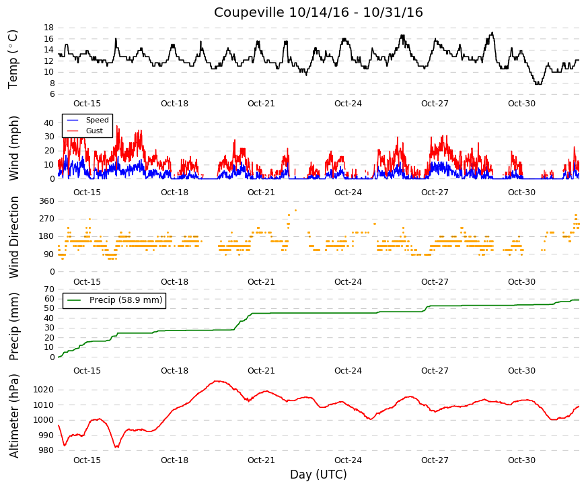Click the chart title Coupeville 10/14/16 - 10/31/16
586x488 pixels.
pos(318,12)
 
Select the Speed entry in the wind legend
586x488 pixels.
pos(97,120)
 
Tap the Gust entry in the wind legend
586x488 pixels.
pos(94,131)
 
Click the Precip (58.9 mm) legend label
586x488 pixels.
pos(126,300)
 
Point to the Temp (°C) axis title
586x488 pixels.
pos(13,59)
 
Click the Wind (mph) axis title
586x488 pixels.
pos(13,149)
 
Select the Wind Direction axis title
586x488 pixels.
pos(14,238)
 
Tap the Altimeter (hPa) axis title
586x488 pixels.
pos(14,416)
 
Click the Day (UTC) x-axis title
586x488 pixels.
pos(318,475)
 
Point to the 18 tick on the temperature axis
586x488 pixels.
pos(49,28)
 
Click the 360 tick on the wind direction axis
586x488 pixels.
pos(46,201)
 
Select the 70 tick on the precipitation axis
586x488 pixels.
pos(49,289)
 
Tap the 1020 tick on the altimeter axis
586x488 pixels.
pos(43,390)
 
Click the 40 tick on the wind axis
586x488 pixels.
pos(49,123)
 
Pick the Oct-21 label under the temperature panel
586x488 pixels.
pos(261,104)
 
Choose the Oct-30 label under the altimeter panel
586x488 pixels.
pos(521,460)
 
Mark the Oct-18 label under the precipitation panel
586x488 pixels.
pos(174,371)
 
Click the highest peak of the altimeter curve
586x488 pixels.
pos(217,381)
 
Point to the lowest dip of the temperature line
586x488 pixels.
pos(538,84)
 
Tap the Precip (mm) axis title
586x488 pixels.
pos(13,326)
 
